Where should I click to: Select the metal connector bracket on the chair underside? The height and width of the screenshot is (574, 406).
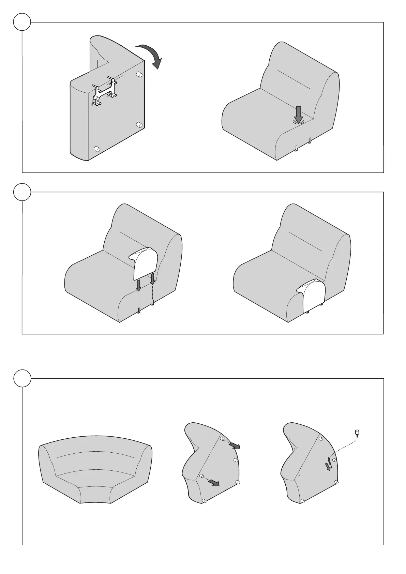[104, 92]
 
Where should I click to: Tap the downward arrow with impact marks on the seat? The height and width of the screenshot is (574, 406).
[299, 115]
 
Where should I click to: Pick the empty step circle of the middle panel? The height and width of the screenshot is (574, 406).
[22, 192]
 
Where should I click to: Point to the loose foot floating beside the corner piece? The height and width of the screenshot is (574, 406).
[357, 433]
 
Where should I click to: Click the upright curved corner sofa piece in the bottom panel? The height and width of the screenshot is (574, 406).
[95, 469]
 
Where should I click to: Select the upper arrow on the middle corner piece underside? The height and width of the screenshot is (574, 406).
[234, 445]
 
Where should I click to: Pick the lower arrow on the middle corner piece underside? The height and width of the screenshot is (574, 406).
[213, 482]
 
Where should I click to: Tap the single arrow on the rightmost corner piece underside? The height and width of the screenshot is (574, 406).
[328, 466]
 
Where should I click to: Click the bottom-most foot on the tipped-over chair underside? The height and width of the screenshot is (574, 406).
[96, 149]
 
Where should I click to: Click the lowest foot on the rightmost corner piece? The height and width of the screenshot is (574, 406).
[303, 501]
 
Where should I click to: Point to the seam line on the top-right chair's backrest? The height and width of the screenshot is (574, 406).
[294, 80]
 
